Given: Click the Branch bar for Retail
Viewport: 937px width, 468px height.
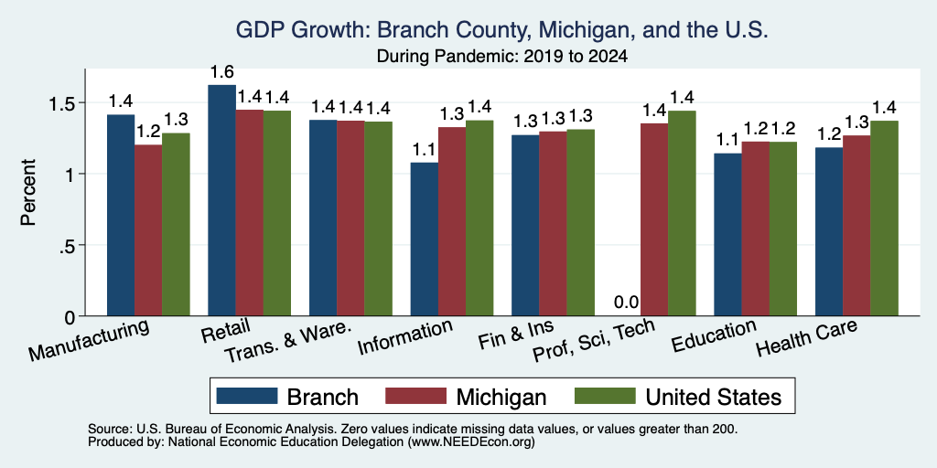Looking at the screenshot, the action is (221, 200).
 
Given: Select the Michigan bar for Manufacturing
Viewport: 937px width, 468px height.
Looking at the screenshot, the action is (148, 230).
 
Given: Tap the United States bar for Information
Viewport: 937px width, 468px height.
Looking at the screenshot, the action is (479, 218).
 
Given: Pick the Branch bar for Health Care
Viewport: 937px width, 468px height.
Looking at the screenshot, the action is (829, 231).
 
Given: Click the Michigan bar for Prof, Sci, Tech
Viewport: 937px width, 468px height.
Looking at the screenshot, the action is (654, 219).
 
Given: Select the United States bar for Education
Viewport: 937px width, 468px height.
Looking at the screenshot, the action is (783, 229).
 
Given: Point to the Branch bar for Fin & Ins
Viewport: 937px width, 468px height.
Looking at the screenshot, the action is (525, 226).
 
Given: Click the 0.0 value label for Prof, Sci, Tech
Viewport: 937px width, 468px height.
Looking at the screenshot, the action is (626, 303).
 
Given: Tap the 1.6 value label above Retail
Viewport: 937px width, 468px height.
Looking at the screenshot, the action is (221, 72).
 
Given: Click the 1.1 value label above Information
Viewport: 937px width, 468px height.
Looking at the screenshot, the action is (425, 150).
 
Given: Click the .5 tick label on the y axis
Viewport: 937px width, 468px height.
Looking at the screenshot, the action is (69, 245).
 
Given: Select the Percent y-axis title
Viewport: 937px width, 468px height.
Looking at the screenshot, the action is (28, 192).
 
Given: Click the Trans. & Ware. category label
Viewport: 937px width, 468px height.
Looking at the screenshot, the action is (286, 343).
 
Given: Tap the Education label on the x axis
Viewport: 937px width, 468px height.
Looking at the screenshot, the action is (714, 336).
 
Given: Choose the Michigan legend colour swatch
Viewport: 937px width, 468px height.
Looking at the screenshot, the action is (416, 396).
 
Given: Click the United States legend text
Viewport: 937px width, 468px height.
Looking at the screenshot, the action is (713, 397).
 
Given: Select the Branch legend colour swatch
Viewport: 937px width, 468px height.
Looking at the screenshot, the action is (247, 396).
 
